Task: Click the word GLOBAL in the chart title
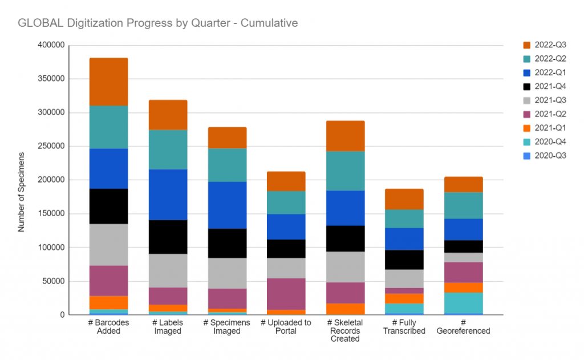pyautogui.click(x=39, y=23)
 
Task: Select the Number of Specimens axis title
pyautogui.click(x=21, y=192)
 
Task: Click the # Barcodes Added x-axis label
pyautogui.click(x=108, y=327)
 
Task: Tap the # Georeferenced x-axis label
pyautogui.click(x=464, y=327)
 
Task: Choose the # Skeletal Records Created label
pyautogui.click(x=345, y=331)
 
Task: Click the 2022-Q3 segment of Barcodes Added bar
pyautogui.click(x=108, y=82)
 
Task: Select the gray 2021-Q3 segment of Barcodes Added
pyautogui.click(x=108, y=245)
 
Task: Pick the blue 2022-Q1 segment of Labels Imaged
pyautogui.click(x=168, y=195)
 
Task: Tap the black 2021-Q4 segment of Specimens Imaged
pyautogui.click(x=227, y=243)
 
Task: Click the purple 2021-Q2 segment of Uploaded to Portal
pyautogui.click(x=286, y=294)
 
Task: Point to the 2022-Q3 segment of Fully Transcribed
pyautogui.click(x=404, y=199)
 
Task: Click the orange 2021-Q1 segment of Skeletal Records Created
pyautogui.click(x=345, y=309)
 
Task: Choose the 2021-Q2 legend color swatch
pyautogui.click(x=526, y=114)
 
